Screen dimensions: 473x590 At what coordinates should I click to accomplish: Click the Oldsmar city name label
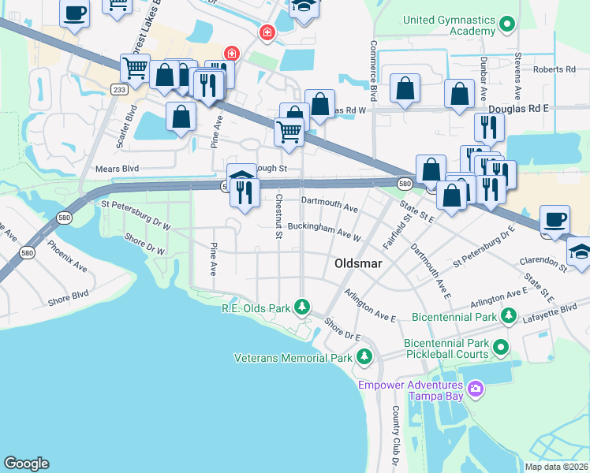tap(360, 264)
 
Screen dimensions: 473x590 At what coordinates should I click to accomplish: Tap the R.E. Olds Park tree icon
tap(301, 306)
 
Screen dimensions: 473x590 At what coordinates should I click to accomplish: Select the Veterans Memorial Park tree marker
tap(364, 358)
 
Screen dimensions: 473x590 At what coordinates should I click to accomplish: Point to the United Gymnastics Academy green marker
tap(507, 25)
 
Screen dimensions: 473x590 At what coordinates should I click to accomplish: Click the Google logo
tap(26, 464)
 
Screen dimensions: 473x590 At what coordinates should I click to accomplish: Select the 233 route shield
tap(119, 90)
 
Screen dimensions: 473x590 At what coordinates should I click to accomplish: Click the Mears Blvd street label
tap(117, 169)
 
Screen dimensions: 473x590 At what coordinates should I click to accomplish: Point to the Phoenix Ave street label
tap(67, 256)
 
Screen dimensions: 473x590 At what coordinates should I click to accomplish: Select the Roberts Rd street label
tap(554, 69)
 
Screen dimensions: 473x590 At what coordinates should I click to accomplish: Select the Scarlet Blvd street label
tap(121, 126)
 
